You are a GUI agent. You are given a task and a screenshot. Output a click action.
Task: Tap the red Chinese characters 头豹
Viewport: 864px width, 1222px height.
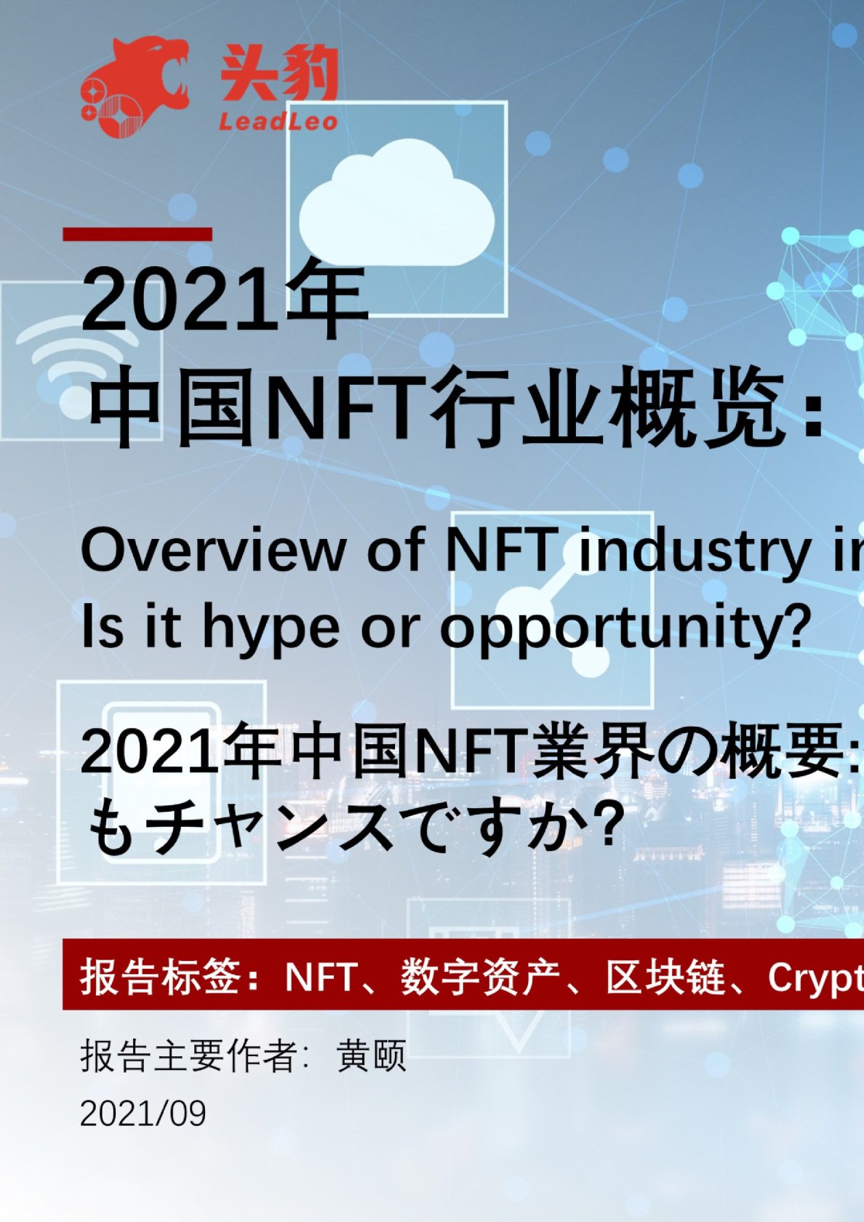coord(279,73)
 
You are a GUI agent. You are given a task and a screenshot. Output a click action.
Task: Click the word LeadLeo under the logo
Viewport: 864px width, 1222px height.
coord(278,121)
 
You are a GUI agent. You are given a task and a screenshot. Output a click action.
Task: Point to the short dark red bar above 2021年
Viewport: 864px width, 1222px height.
coord(137,234)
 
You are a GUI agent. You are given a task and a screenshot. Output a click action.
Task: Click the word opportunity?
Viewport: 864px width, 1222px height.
coord(625,627)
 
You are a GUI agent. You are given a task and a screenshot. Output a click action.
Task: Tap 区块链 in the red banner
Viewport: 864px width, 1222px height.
coord(666,976)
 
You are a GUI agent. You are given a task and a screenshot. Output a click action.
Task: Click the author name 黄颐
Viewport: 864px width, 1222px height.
coord(372,1055)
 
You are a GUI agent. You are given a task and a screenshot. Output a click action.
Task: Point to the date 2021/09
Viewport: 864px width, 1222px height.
coord(143,1113)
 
